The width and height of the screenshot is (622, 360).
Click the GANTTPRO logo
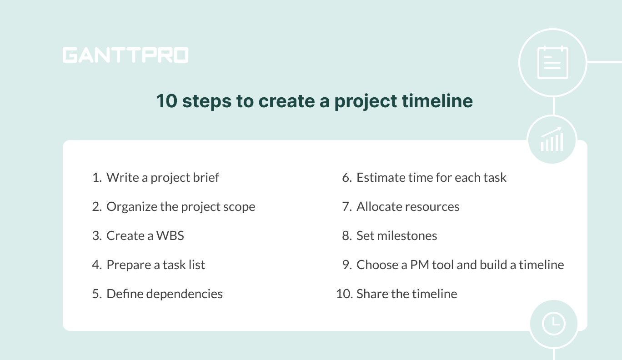[x=125, y=55]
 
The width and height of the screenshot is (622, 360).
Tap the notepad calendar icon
[x=552, y=62]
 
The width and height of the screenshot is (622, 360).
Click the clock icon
[x=553, y=324]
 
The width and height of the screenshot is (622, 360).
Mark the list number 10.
[x=344, y=294]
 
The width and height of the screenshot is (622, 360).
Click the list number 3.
[x=96, y=235]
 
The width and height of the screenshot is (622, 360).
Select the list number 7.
[x=346, y=206]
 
